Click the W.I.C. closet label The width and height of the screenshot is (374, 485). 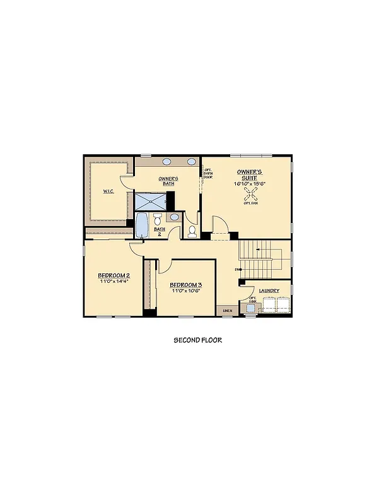tap(108, 191)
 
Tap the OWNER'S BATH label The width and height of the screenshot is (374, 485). tap(168, 181)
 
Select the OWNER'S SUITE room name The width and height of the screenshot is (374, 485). tap(250, 174)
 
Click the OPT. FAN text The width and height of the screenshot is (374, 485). tap(250, 203)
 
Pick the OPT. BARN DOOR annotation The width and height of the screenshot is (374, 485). tap(207, 174)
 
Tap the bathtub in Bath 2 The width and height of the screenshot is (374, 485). tap(141, 225)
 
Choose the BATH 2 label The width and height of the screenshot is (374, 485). tap(160, 232)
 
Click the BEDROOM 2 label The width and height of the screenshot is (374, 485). tap(114, 276)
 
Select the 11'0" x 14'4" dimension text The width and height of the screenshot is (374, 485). tap(114, 282)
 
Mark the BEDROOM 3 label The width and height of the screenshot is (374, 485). tap(186, 285)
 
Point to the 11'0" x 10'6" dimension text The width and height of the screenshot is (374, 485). tap(186, 291)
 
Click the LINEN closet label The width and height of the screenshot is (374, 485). tap(227, 311)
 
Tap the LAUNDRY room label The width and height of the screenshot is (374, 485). tap(269, 291)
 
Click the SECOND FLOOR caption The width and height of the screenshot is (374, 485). tap(197, 340)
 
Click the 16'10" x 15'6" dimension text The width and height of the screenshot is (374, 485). tap(250, 183)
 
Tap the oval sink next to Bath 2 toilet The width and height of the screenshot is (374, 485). tap(174, 217)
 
